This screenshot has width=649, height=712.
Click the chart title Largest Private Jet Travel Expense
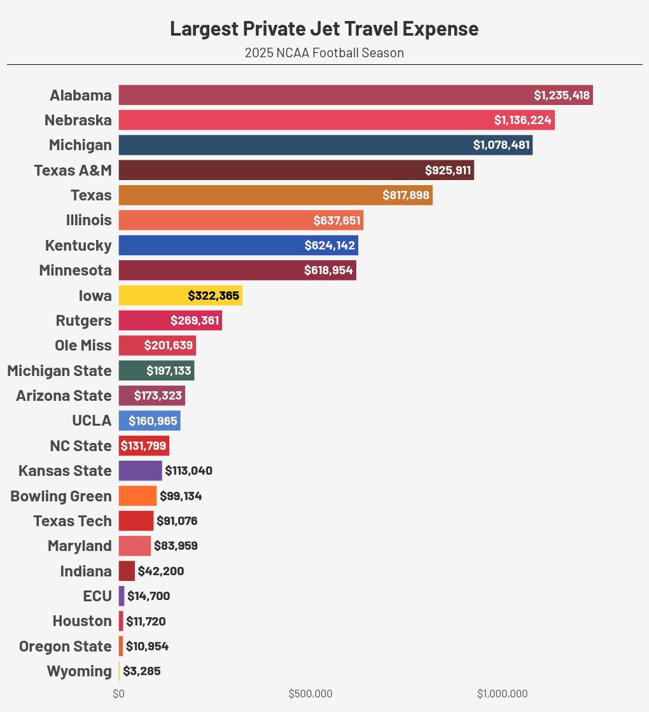[x=324, y=29]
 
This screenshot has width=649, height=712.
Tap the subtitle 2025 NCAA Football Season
[x=324, y=53]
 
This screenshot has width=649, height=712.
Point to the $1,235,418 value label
[x=562, y=95]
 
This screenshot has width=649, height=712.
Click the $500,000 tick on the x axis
[x=311, y=694]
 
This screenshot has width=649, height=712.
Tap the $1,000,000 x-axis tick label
[x=502, y=694]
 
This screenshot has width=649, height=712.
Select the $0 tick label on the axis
[x=118, y=694]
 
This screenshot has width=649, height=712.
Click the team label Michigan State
[x=59, y=370]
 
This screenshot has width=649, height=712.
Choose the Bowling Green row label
[x=61, y=496]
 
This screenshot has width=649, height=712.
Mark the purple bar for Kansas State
[x=140, y=471]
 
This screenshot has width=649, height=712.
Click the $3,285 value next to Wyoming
[x=141, y=671]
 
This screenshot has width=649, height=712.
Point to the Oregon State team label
[x=65, y=646]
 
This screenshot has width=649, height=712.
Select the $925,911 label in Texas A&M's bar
[x=448, y=171]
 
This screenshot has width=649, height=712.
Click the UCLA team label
[x=92, y=421]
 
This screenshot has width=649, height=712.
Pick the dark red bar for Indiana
[x=127, y=571]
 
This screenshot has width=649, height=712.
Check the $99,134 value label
[x=181, y=496]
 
